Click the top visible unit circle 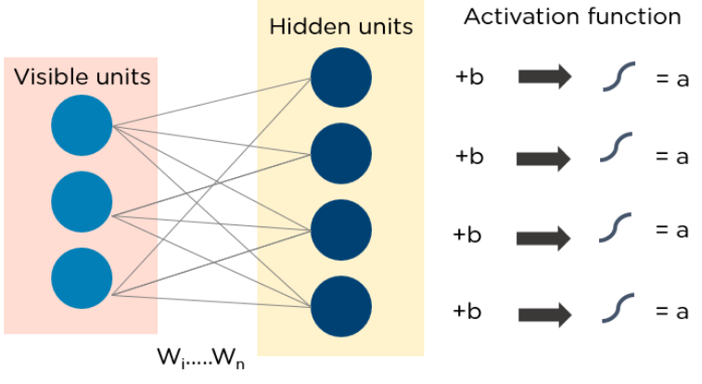(x=83, y=125)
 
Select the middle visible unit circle (x=83, y=201)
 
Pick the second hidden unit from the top (x=341, y=154)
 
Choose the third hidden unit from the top (x=341, y=230)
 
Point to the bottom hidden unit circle (x=341, y=305)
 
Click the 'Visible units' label (x=82, y=76)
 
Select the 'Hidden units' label (x=340, y=25)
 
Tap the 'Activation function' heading (x=572, y=17)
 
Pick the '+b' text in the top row (x=469, y=78)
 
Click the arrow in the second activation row (x=544, y=157)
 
